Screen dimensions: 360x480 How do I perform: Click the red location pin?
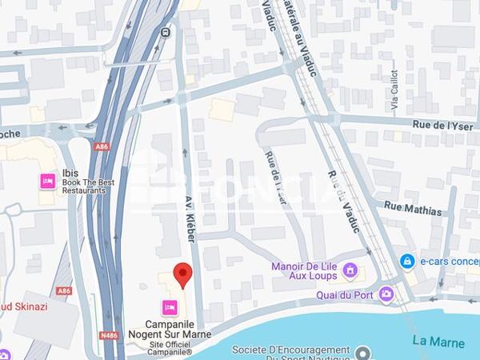pos(183,274)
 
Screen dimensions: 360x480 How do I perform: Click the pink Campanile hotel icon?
pos(170,307)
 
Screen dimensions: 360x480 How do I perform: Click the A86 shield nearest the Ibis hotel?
pos(101,146)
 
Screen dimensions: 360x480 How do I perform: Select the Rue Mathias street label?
pos(413,210)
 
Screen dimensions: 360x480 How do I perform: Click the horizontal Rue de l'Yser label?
pos(443,125)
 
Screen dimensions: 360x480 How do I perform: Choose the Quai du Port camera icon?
pos(386,294)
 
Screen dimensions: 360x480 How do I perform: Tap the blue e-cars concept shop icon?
pos(408,261)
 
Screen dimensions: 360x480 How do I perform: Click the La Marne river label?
pos(438,342)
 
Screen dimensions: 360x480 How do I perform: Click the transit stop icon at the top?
pos(166,33)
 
